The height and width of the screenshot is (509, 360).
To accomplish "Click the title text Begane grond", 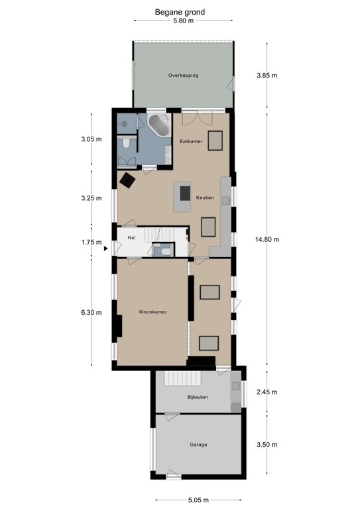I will [x=180, y=12].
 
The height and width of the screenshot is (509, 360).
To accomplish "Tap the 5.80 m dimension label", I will [x=183, y=21].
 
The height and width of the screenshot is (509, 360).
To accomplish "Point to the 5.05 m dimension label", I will [x=198, y=500].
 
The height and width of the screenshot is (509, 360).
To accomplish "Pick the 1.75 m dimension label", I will [x=90, y=243].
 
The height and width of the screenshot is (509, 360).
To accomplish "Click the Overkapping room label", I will [x=183, y=76].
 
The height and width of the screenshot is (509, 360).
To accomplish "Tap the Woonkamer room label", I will [x=152, y=311].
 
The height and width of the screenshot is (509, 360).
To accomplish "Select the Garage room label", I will [x=198, y=445].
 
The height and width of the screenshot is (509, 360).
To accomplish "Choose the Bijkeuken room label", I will [x=198, y=397].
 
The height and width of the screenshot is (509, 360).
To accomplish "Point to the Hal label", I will [x=131, y=236].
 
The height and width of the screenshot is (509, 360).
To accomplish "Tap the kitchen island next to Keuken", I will [x=182, y=198].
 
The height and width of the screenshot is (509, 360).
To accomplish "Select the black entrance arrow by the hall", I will [x=105, y=249].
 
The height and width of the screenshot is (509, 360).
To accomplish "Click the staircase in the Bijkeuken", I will [x=178, y=378].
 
